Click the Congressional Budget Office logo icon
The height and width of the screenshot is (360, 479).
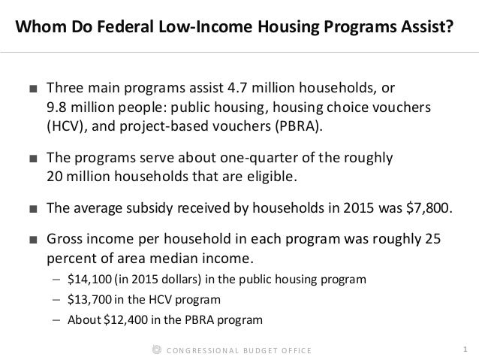(156, 349)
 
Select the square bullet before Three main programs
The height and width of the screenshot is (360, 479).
(31, 90)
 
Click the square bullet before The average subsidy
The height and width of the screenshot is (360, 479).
(31, 212)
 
